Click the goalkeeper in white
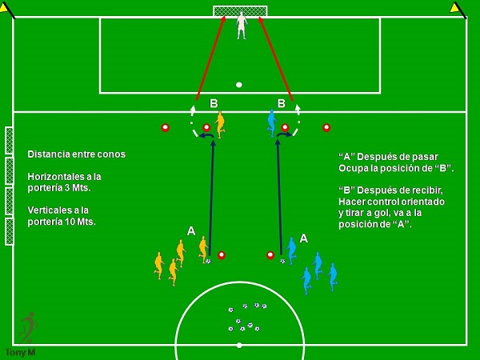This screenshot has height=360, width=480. point(241,25)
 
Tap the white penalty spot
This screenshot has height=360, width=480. point(238,85)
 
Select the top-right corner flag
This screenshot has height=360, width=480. point(457,9)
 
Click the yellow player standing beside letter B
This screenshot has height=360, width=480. point(220,125)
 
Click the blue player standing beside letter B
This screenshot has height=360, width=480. point(270,125)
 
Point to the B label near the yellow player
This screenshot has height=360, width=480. point(214,103)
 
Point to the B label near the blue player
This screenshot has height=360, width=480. point(281,103)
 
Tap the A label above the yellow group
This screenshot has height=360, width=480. point(191,230)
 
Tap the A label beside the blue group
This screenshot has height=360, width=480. point(304,238)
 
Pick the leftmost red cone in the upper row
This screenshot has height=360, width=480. point(166,127)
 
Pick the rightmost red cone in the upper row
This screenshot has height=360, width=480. point(326,127)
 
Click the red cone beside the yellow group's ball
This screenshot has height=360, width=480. point(222,255)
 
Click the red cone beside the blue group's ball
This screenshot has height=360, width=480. point(270,255)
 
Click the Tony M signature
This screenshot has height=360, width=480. point(20,352)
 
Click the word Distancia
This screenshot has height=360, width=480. point(50,154)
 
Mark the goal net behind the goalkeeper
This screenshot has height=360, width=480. point(240,10)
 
